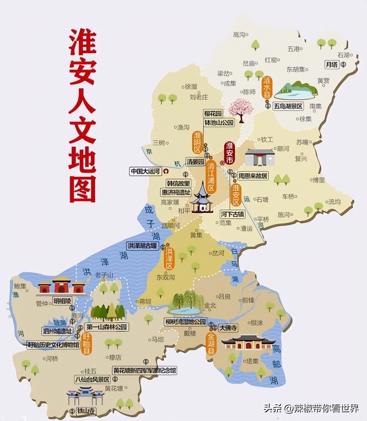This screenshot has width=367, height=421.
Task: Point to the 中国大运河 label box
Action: [x=145, y=171]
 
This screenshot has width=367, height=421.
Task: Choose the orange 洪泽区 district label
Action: [x=169, y=259]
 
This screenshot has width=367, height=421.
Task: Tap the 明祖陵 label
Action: [x=62, y=301]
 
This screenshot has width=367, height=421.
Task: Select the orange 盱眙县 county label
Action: [x=86, y=344]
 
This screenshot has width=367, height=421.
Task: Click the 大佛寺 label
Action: [x=228, y=328]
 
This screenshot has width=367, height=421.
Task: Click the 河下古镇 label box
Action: [x=232, y=213]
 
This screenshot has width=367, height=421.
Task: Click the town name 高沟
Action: [x=239, y=34]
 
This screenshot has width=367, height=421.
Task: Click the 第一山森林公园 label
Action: [x=106, y=327]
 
